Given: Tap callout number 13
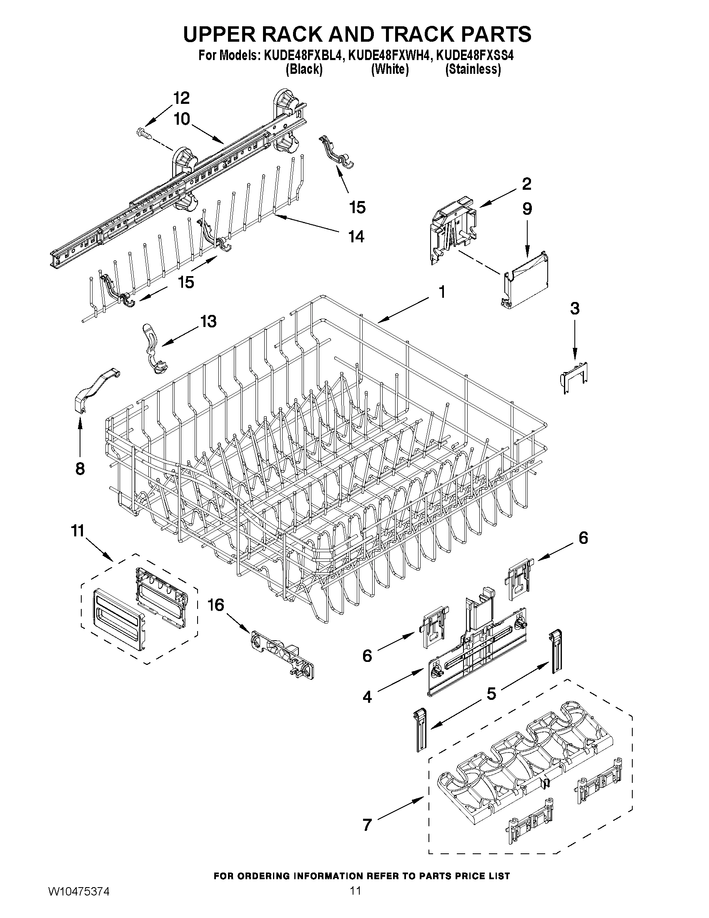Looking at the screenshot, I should [x=208, y=322].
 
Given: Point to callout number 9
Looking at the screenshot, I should [x=527, y=209].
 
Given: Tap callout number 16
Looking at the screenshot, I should [x=216, y=605].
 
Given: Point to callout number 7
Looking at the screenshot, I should [x=367, y=825].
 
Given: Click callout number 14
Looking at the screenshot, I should [x=356, y=236].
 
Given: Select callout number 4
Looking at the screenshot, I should [x=367, y=697].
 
